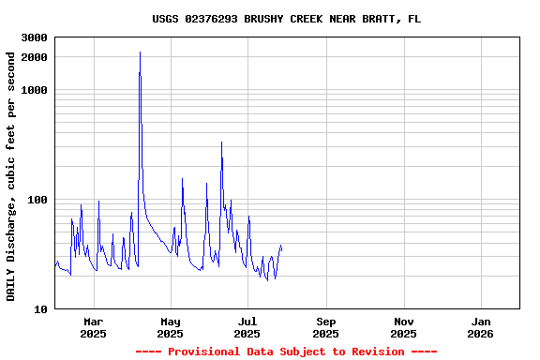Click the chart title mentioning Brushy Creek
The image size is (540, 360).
coord(286,19)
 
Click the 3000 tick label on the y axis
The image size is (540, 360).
coord(35,37)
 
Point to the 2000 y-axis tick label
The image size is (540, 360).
coord(35,57)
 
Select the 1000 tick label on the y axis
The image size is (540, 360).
coord(35,90)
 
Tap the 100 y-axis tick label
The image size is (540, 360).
coord(37,200)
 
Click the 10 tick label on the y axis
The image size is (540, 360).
coord(40,309)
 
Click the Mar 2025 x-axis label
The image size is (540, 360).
coord(93,327)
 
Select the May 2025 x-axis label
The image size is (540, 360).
coord(170,327)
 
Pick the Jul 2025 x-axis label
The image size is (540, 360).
coord(247,327)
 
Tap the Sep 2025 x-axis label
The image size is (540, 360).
coord(325,327)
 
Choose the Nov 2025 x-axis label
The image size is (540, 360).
coord(403,327)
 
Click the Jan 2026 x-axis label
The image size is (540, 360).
coord(480,327)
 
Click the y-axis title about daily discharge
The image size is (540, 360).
coord(12,176)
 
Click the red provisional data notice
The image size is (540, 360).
coord(286,352)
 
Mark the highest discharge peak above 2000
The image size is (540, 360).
coord(140,52)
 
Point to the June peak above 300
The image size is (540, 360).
coord(221,142)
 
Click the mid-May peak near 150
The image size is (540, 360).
coord(182,178)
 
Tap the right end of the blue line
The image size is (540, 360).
coord(281,249)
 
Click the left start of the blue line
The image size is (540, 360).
coord(55,265)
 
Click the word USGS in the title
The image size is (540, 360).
coord(166,19)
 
